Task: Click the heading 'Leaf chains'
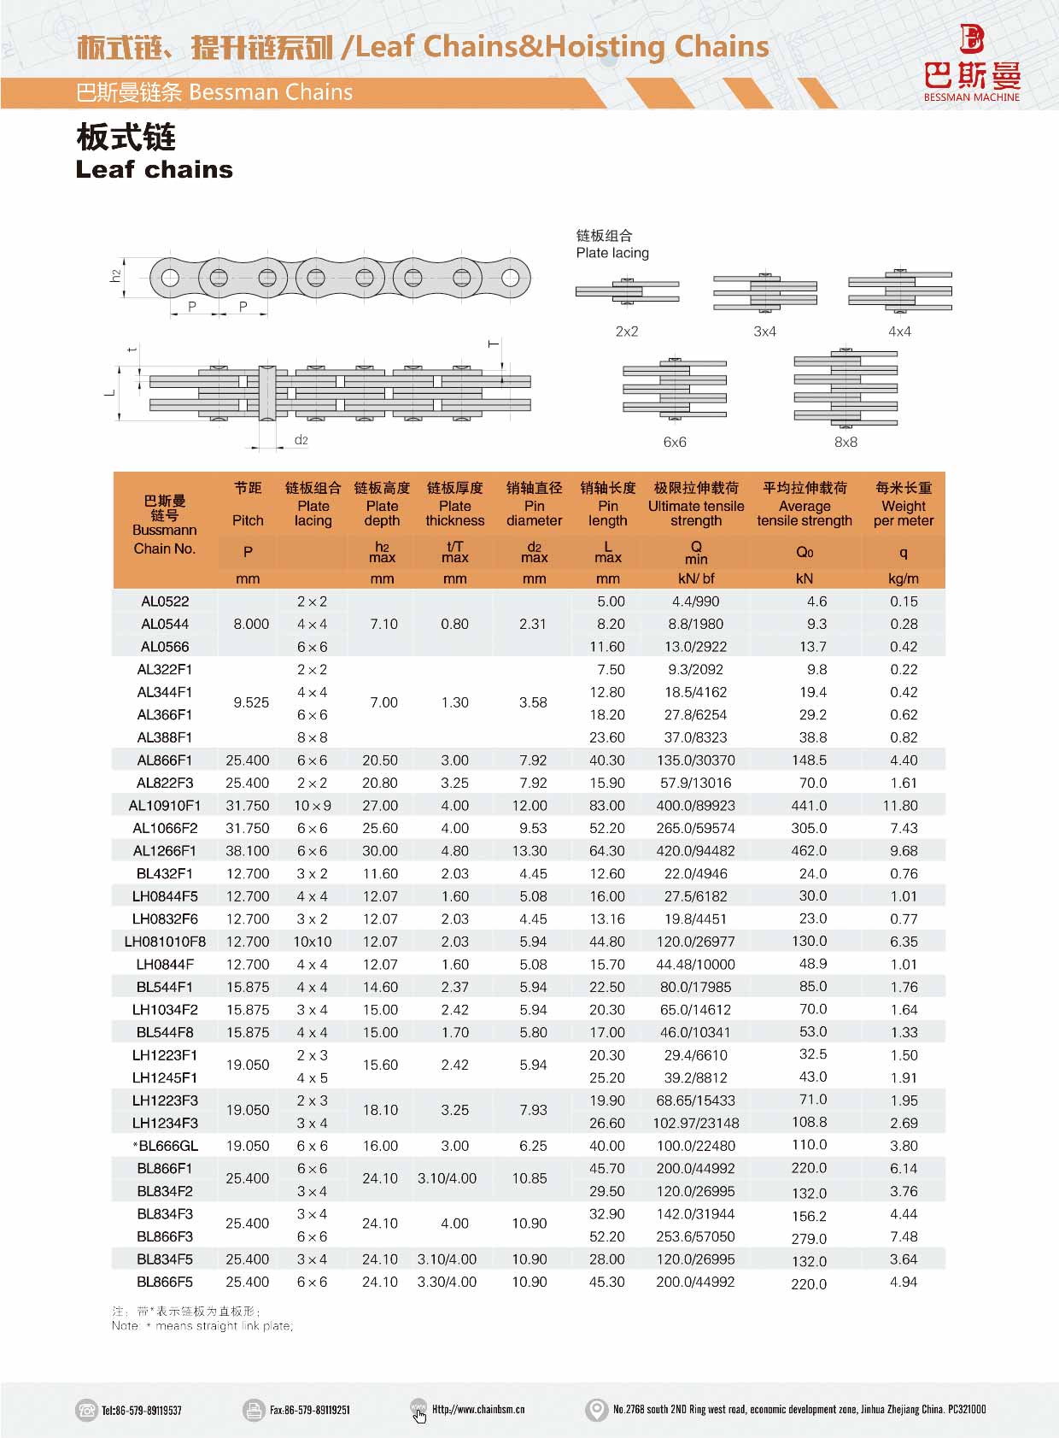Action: click(154, 169)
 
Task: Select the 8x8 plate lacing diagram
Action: click(845, 389)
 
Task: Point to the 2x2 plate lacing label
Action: click(627, 332)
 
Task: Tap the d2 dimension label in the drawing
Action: click(301, 440)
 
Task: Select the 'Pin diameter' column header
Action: click(534, 504)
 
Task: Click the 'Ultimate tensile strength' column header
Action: click(695, 504)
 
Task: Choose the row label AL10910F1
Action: click(165, 806)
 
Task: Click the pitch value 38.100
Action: click(248, 851)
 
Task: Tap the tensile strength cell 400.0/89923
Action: click(695, 806)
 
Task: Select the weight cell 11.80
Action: click(903, 806)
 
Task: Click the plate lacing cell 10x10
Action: click(313, 942)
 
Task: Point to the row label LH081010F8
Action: click(165, 942)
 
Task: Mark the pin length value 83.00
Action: click(606, 806)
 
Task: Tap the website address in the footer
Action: click(478, 1409)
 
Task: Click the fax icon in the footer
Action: click(254, 1410)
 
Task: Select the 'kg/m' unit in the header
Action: click(903, 578)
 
